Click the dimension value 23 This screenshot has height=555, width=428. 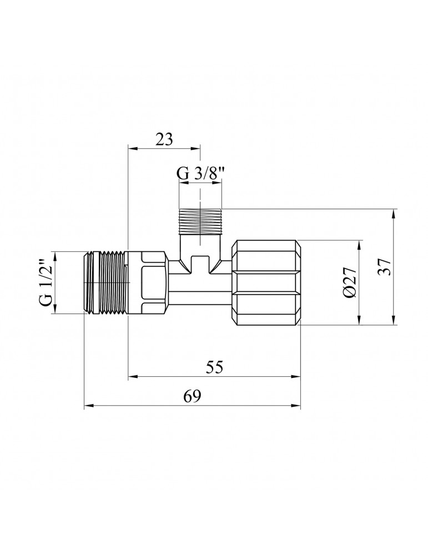(164, 139)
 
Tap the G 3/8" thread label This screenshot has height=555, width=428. (200, 174)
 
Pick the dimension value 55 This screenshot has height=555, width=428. (214, 367)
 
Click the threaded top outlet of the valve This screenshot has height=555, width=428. (200, 221)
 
